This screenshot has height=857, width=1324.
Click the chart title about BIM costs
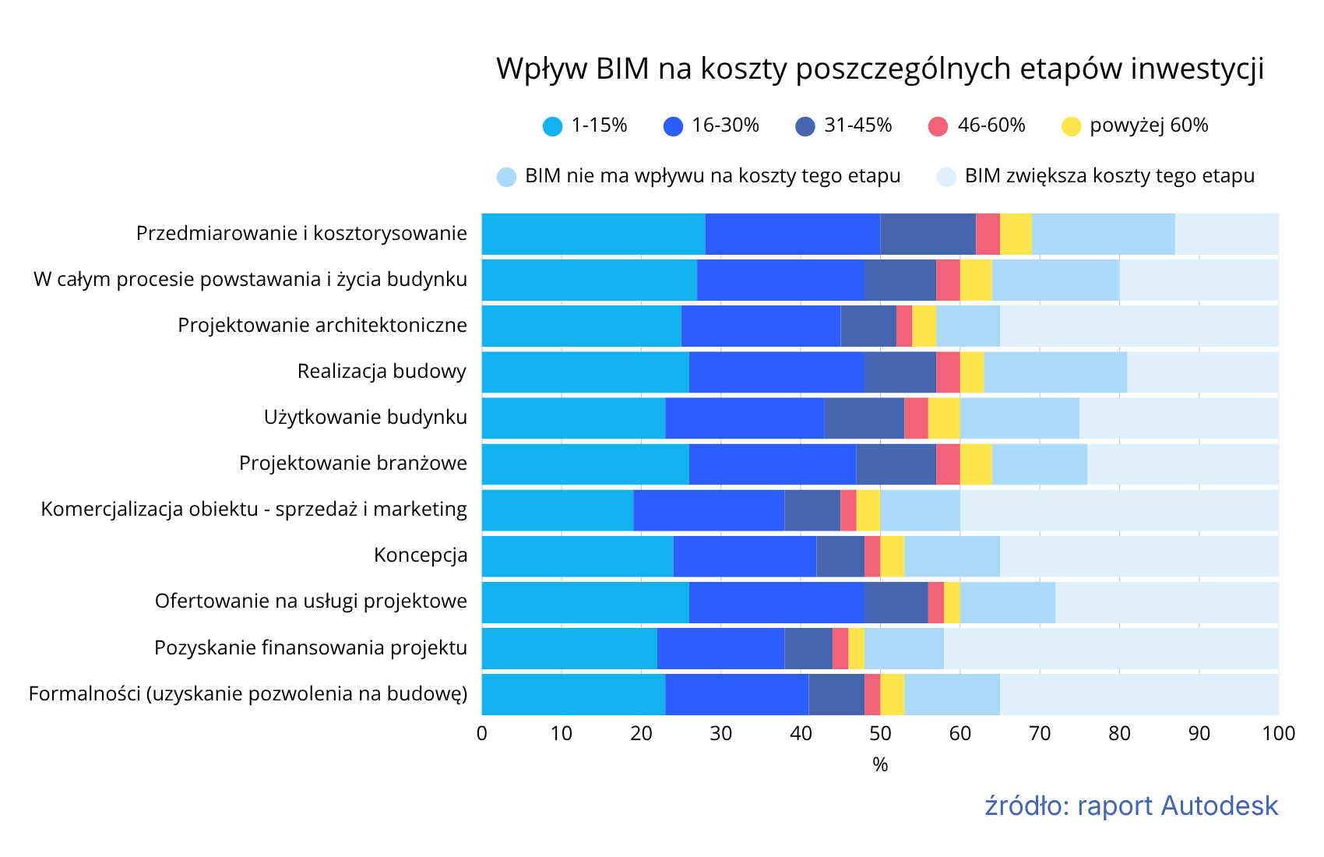coord(880,69)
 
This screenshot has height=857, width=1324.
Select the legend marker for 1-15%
coord(552,126)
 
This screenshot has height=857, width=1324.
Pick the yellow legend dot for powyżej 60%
coord(1072,126)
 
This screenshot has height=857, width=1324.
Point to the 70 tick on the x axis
coord(1040,734)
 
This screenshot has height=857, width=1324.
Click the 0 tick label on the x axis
coord(482,734)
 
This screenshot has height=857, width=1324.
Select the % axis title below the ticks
coord(880,765)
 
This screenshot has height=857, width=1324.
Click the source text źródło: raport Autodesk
coord(1131,806)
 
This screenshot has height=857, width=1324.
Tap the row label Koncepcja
coord(421,555)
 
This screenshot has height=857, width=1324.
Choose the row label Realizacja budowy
coord(382,372)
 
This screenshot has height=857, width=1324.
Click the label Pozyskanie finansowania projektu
coord(311,648)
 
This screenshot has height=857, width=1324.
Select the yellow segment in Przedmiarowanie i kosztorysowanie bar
coord(1016,234)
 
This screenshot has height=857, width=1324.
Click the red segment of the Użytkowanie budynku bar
coord(916,418)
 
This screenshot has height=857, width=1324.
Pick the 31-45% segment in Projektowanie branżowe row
coord(896,464)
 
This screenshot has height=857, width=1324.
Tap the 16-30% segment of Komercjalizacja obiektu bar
coord(709,510)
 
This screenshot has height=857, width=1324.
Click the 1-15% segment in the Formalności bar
coord(573,694)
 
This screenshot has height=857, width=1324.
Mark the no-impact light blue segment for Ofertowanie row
coord(1008,602)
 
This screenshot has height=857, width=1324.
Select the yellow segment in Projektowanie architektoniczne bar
coord(924,326)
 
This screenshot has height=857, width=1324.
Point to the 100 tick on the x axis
coord(1278,734)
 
